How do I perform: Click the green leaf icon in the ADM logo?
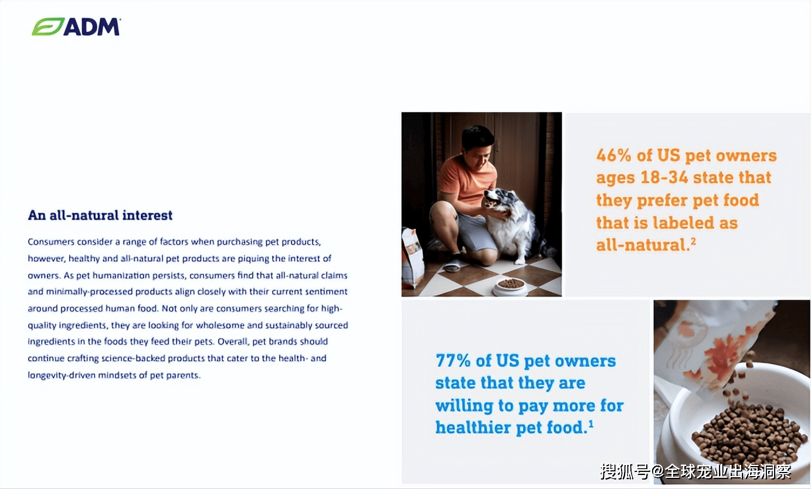47,27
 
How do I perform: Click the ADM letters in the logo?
92,27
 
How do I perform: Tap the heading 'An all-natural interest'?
100,215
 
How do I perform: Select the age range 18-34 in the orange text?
664,178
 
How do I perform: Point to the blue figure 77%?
453,360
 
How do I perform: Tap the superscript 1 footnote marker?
591,424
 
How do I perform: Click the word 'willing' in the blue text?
464,406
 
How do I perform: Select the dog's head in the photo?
498,200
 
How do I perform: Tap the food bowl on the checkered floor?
511,287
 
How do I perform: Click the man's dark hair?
477,136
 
